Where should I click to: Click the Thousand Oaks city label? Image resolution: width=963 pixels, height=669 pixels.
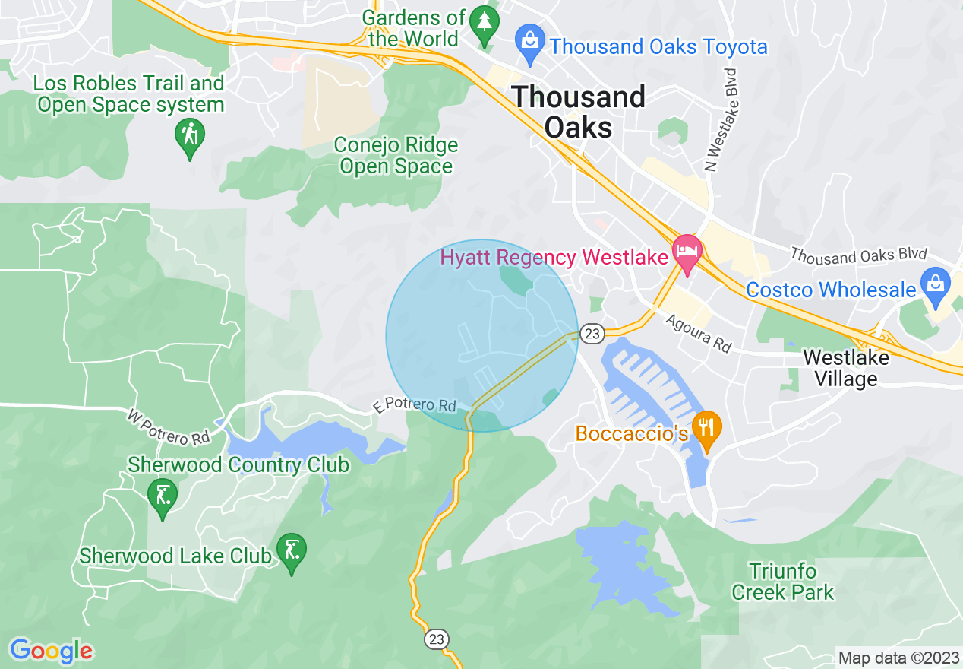click(579, 112)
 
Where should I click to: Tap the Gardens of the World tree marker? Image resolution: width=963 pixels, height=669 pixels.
click(482, 24)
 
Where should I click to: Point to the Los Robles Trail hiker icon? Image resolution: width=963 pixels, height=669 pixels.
click(189, 138)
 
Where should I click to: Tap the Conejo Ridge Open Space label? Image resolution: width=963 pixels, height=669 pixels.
click(396, 155)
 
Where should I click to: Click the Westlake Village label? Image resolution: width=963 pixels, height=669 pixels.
click(840, 367)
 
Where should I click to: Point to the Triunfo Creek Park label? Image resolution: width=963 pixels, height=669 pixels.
click(782, 582)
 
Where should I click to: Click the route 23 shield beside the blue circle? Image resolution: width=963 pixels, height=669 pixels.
click(592, 333)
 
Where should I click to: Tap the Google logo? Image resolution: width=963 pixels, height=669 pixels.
click(51, 650)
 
